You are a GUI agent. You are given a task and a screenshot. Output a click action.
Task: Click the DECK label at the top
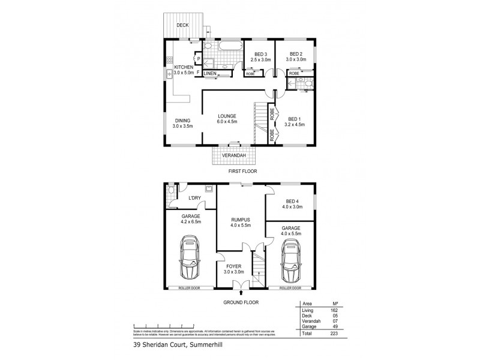pyautogui.click(x=182, y=25)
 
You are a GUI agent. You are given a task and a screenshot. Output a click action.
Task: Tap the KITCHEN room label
pyautogui.click(x=183, y=67)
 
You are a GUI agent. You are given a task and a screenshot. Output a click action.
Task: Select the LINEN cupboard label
pyautogui.click(x=210, y=73)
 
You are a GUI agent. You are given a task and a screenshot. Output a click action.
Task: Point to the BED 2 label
pyautogui.click(x=296, y=53)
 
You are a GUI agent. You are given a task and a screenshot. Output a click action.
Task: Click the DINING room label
pyautogui.click(x=182, y=121)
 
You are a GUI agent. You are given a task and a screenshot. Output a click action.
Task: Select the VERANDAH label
pyautogui.click(x=233, y=155)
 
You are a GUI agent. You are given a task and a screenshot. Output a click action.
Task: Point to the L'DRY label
pyautogui.click(x=194, y=198)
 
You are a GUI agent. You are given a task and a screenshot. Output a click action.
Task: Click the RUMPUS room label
pyautogui.click(x=240, y=219)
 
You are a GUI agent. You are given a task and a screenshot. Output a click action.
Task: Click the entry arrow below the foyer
pyautogui.click(x=241, y=293)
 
